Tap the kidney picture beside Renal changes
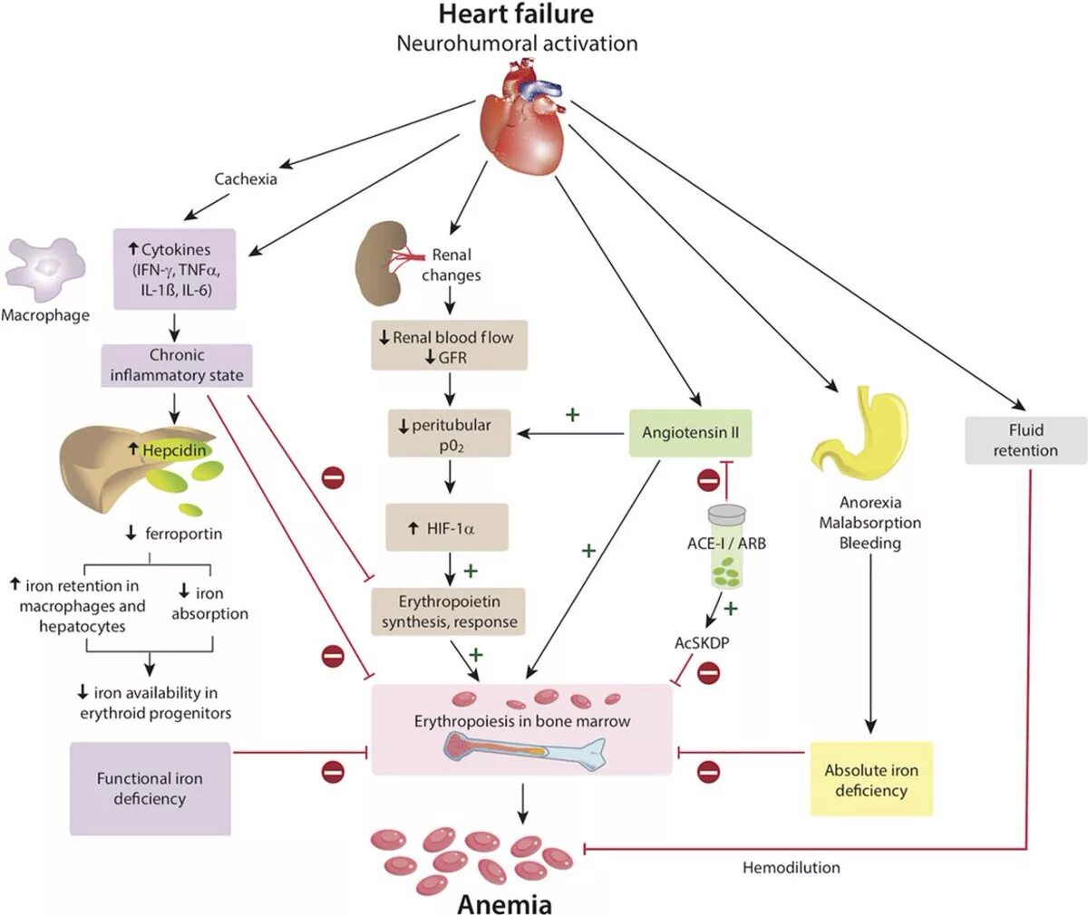(382, 266)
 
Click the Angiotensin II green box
(690, 432)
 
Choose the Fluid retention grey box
(1025, 440)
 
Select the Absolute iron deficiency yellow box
(870, 779)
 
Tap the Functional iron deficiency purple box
(150, 788)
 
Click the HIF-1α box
(447, 527)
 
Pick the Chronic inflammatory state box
(176, 365)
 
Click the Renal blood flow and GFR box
(448, 346)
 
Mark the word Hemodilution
(791, 867)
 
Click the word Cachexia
(246, 178)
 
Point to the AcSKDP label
(701, 642)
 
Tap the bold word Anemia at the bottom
(504, 902)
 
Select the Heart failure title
(516, 14)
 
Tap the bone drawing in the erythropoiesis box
(524, 748)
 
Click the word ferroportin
(183, 534)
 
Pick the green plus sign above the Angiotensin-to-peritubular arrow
(572, 415)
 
